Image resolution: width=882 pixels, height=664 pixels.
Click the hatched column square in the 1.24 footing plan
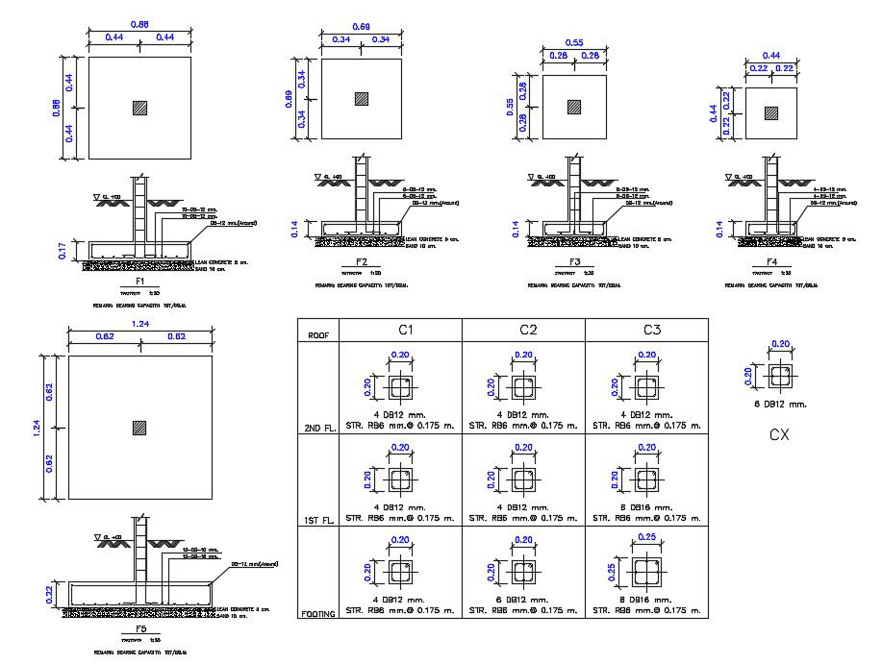pos(140,427)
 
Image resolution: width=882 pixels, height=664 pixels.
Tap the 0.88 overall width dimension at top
pos(139,24)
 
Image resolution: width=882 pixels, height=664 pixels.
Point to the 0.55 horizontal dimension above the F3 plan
pos(573,43)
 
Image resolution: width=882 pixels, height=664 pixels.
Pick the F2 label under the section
pos(362,261)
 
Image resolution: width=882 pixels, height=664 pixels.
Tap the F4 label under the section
pos(771,261)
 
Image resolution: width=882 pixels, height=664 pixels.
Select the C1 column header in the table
pos(405,330)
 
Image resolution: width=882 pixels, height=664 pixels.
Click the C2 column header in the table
pos(527,330)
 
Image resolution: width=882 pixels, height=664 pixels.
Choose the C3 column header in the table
pos(651,330)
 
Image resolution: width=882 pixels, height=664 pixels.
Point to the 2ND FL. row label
pos(318,427)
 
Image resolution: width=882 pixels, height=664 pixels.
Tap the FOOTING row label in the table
pos(318,612)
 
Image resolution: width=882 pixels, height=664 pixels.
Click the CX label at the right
pos(780,434)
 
